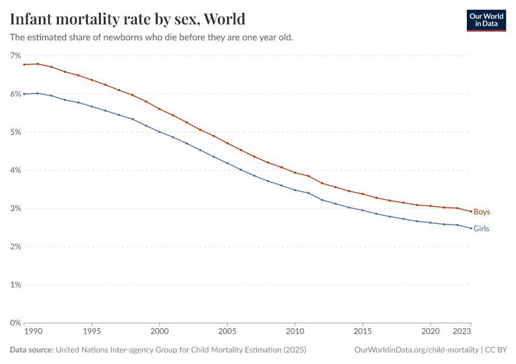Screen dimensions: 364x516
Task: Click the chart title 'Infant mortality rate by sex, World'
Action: (x=127, y=19)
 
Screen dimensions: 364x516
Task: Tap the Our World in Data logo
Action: (x=486, y=20)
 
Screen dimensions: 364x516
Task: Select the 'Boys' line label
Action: (x=481, y=212)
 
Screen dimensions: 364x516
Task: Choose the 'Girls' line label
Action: (x=481, y=229)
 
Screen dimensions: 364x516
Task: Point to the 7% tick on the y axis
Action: (x=15, y=55)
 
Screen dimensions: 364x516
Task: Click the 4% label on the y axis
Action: (x=15, y=170)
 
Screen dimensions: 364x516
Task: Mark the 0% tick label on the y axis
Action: (x=15, y=323)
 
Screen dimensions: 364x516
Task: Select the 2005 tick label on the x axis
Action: (x=227, y=332)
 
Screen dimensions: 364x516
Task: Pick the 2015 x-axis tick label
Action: (x=362, y=332)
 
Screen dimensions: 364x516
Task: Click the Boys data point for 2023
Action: (x=471, y=211)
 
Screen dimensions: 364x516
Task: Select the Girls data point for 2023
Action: (x=471, y=228)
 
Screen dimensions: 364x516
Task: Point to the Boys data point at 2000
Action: (x=160, y=109)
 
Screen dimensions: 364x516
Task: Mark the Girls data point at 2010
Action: (x=295, y=190)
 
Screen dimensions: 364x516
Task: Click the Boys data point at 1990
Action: (x=24, y=64)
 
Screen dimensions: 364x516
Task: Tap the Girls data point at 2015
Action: (x=362, y=210)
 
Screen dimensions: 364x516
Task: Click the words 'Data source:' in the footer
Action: (x=32, y=350)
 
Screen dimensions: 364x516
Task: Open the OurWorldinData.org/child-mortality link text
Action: (x=416, y=350)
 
